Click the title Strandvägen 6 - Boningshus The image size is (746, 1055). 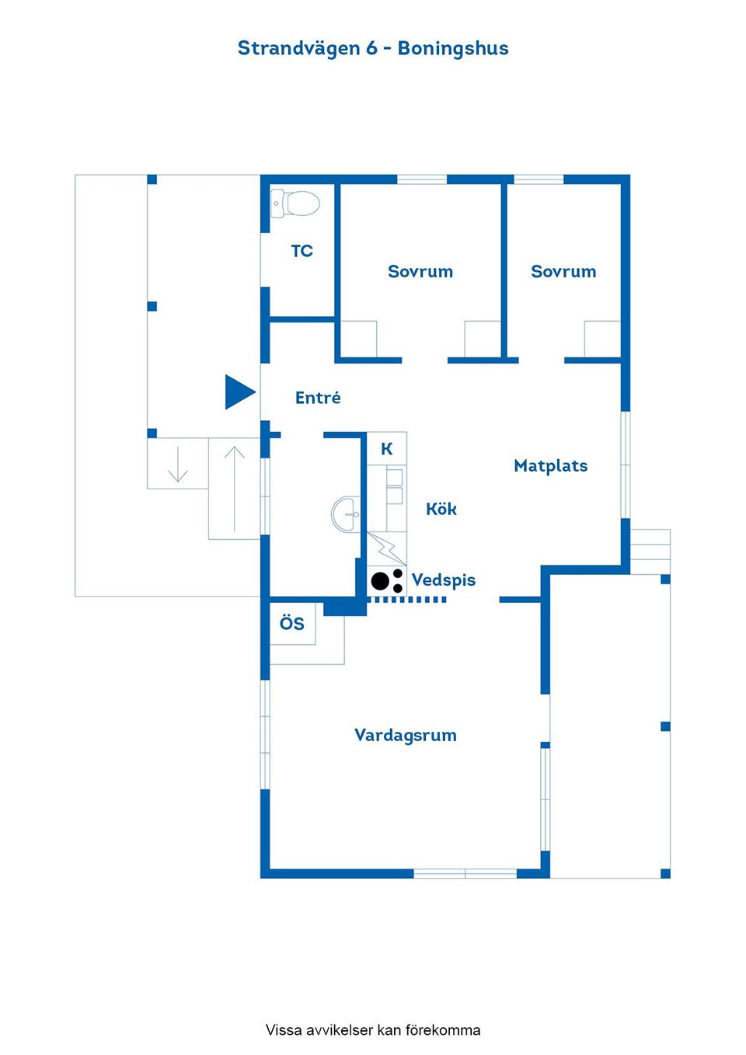[x=373, y=48]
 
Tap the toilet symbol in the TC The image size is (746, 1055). [x=295, y=204]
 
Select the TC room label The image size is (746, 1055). [x=302, y=251]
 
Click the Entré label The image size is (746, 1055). [x=318, y=398]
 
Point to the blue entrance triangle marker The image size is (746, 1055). [x=239, y=392]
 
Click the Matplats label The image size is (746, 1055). [x=550, y=466]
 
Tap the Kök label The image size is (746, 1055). [x=441, y=509]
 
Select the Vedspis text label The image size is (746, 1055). [x=444, y=580]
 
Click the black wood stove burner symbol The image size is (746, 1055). [x=387, y=581]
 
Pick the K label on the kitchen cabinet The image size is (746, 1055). [x=387, y=449]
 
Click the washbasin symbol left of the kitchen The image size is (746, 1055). [x=346, y=514]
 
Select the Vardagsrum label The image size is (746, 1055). [x=406, y=735]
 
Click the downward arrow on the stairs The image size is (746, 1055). [x=177, y=464]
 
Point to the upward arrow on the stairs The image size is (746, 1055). [x=235, y=489]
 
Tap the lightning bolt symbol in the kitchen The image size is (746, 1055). [x=386, y=548]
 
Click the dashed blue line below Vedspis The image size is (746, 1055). [x=407, y=600]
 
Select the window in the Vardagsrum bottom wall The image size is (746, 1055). [x=465, y=874]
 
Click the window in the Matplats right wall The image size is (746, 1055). [x=626, y=465]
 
